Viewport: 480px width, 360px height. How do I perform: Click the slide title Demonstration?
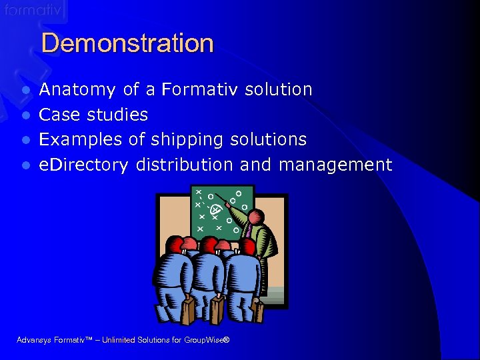coord(127,44)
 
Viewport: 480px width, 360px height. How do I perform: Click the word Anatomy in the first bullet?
coord(77,89)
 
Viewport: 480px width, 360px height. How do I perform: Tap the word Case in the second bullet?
coord(59,115)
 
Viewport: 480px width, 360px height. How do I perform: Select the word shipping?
coord(187,140)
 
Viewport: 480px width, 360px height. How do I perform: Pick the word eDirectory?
coord(83,165)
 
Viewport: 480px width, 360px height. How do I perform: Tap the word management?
coord(335,165)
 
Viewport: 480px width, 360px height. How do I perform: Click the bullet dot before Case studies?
coord(26,115)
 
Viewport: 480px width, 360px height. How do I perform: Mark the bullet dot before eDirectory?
coord(26,165)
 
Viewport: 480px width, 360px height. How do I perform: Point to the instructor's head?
coord(257,217)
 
